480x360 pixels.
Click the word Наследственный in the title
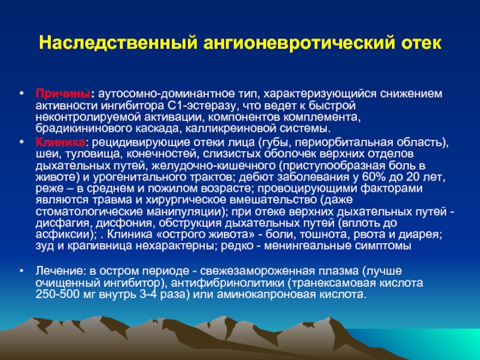[118, 43]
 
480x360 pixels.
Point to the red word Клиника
[61, 142]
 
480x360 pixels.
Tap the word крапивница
[100, 246]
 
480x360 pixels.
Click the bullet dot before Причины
[21, 92]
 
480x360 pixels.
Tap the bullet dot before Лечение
[21, 271]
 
